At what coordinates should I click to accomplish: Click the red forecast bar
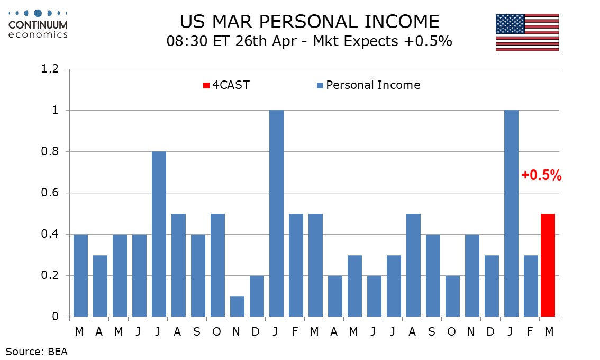(x=548, y=265)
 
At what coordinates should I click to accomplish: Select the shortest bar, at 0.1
(x=237, y=307)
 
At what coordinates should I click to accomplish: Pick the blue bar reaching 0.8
(x=159, y=234)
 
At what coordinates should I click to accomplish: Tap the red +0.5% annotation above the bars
(x=541, y=175)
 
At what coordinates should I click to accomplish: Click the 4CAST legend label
(x=231, y=85)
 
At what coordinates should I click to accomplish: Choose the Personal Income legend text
(x=373, y=85)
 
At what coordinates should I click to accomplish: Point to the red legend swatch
(x=206, y=85)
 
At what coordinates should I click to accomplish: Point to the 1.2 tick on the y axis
(x=50, y=69)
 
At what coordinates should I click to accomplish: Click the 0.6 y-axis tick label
(x=50, y=193)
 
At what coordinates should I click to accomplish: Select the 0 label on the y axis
(x=56, y=317)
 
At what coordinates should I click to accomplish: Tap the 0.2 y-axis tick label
(x=50, y=275)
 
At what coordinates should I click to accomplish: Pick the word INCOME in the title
(x=402, y=22)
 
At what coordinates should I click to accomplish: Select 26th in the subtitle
(x=251, y=41)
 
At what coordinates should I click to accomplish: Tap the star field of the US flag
(x=510, y=24)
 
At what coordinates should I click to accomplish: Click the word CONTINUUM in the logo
(x=38, y=25)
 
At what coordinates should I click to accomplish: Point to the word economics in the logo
(x=38, y=35)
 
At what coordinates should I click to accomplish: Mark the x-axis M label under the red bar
(x=549, y=331)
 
